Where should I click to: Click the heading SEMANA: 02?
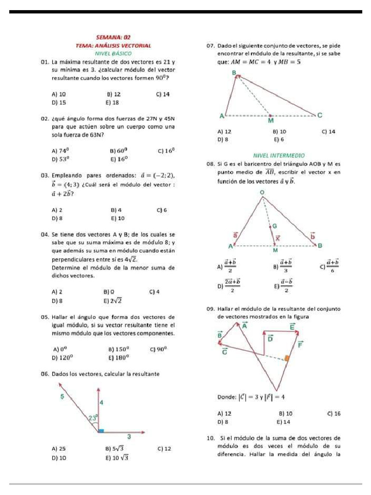[114, 37]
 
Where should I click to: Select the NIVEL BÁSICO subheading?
[114, 53]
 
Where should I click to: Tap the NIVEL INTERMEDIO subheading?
[279, 156]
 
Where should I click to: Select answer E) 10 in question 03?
[117, 218]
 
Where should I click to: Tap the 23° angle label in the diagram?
[93, 417]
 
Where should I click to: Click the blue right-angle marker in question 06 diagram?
[100, 430]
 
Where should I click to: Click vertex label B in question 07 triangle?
[235, 73]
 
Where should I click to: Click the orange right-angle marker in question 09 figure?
[287, 358]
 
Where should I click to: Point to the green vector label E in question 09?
[292, 327]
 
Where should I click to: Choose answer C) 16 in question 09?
[333, 413]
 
